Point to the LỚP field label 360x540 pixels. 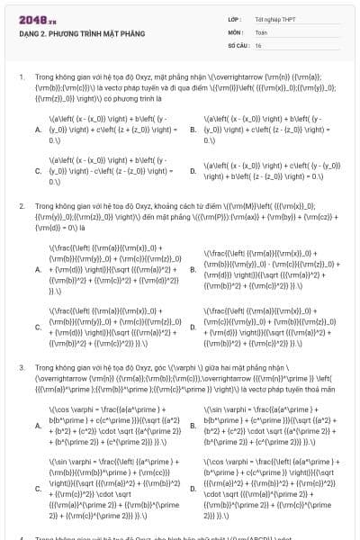234,18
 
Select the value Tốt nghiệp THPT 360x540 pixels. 274,18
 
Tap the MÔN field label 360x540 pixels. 235,31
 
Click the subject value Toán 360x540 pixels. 262,31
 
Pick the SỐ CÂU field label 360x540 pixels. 238,44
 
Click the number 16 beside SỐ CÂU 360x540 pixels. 258,44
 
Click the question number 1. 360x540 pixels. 21,77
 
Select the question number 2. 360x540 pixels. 21,206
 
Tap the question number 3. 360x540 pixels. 21,368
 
